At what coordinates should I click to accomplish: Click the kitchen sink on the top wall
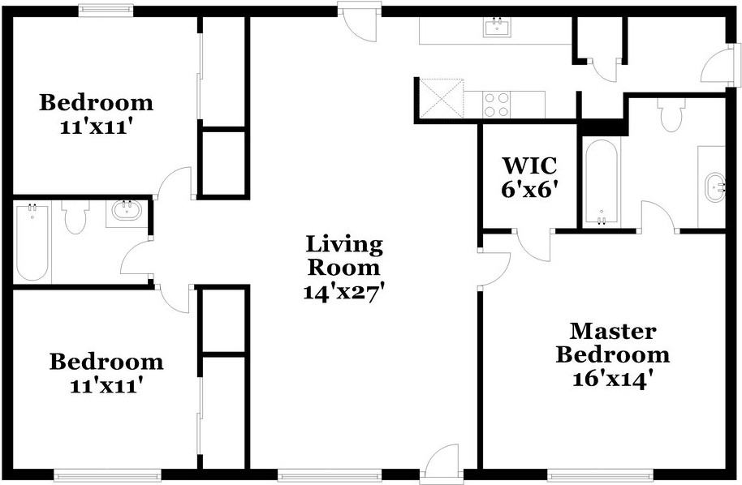tap(496, 28)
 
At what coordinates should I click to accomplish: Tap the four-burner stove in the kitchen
tap(497, 104)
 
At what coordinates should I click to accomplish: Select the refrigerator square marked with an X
tap(439, 99)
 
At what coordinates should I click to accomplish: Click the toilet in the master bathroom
tap(671, 116)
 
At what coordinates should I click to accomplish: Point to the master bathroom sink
tap(715, 186)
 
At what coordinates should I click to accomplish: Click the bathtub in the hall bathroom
tap(32, 242)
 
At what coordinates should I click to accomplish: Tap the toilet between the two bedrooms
tap(75, 217)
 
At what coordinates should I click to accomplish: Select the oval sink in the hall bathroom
tap(126, 212)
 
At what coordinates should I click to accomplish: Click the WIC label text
tap(529, 166)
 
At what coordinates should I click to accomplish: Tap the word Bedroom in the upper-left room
tap(97, 103)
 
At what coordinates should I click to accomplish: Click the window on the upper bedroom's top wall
tap(106, 11)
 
